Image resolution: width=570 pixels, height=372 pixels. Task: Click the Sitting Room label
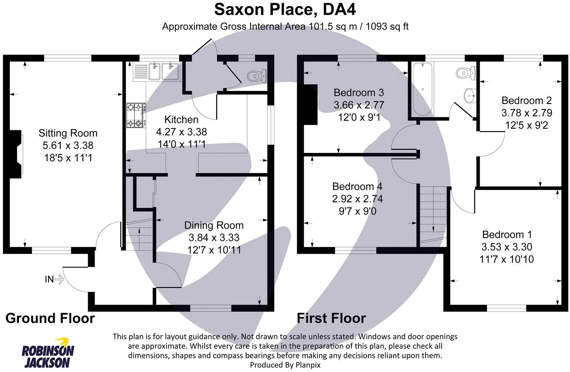click(x=68, y=133)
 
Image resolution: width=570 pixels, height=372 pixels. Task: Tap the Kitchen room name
click(x=181, y=120)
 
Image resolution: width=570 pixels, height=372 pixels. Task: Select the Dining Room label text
click(x=214, y=225)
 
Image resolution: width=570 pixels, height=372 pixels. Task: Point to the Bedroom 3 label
click(x=359, y=93)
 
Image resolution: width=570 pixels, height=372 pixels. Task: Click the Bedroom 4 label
click(x=357, y=187)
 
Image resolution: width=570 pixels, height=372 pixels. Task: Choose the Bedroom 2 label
click(x=527, y=101)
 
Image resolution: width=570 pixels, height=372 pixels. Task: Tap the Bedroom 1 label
click(x=507, y=235)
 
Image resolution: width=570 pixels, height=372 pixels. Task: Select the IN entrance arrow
click(x=58, y=280)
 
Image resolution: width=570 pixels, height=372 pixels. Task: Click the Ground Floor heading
click(x=50, y=318)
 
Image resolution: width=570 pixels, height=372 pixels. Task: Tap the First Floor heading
click(x=331, y=318)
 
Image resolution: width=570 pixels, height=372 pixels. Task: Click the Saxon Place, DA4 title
click(x=285, y=10)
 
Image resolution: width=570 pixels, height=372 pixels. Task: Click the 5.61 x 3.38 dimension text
click(x=68, y=145)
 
